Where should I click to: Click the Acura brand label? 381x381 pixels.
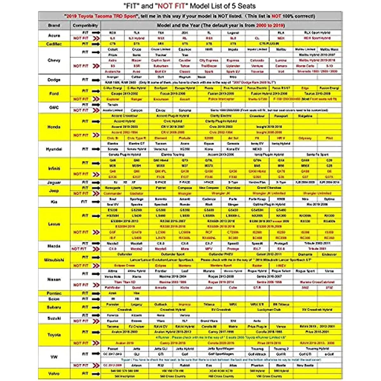coord(54,35)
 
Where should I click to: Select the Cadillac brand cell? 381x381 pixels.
coord(54,44)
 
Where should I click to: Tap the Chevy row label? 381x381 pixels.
coord(54,60)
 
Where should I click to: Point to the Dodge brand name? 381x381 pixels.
coord(54,80)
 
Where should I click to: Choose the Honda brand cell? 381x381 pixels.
coord(54,127)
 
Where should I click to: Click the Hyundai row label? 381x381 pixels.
coord(54,149)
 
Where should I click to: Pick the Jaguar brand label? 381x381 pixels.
coord(54,183)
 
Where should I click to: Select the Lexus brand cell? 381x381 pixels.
coord(54,224)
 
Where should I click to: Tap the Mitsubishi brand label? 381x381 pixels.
coord(54,260)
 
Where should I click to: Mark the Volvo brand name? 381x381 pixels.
coord(54,374)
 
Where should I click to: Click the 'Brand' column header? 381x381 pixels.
coord(54,25)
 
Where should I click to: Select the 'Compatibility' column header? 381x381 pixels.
coord(85,25)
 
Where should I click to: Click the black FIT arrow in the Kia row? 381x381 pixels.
coord(96,202)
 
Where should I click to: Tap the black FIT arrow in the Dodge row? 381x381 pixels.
coord(96,80)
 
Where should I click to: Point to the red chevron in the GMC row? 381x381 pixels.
coord(96,110)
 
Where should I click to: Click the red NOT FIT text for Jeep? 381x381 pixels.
coord(81,193)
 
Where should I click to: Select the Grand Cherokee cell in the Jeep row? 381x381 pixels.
coord(269,188)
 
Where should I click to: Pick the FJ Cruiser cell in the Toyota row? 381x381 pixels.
coord(137,326)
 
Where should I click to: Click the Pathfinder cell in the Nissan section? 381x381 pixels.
coord(112,288)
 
